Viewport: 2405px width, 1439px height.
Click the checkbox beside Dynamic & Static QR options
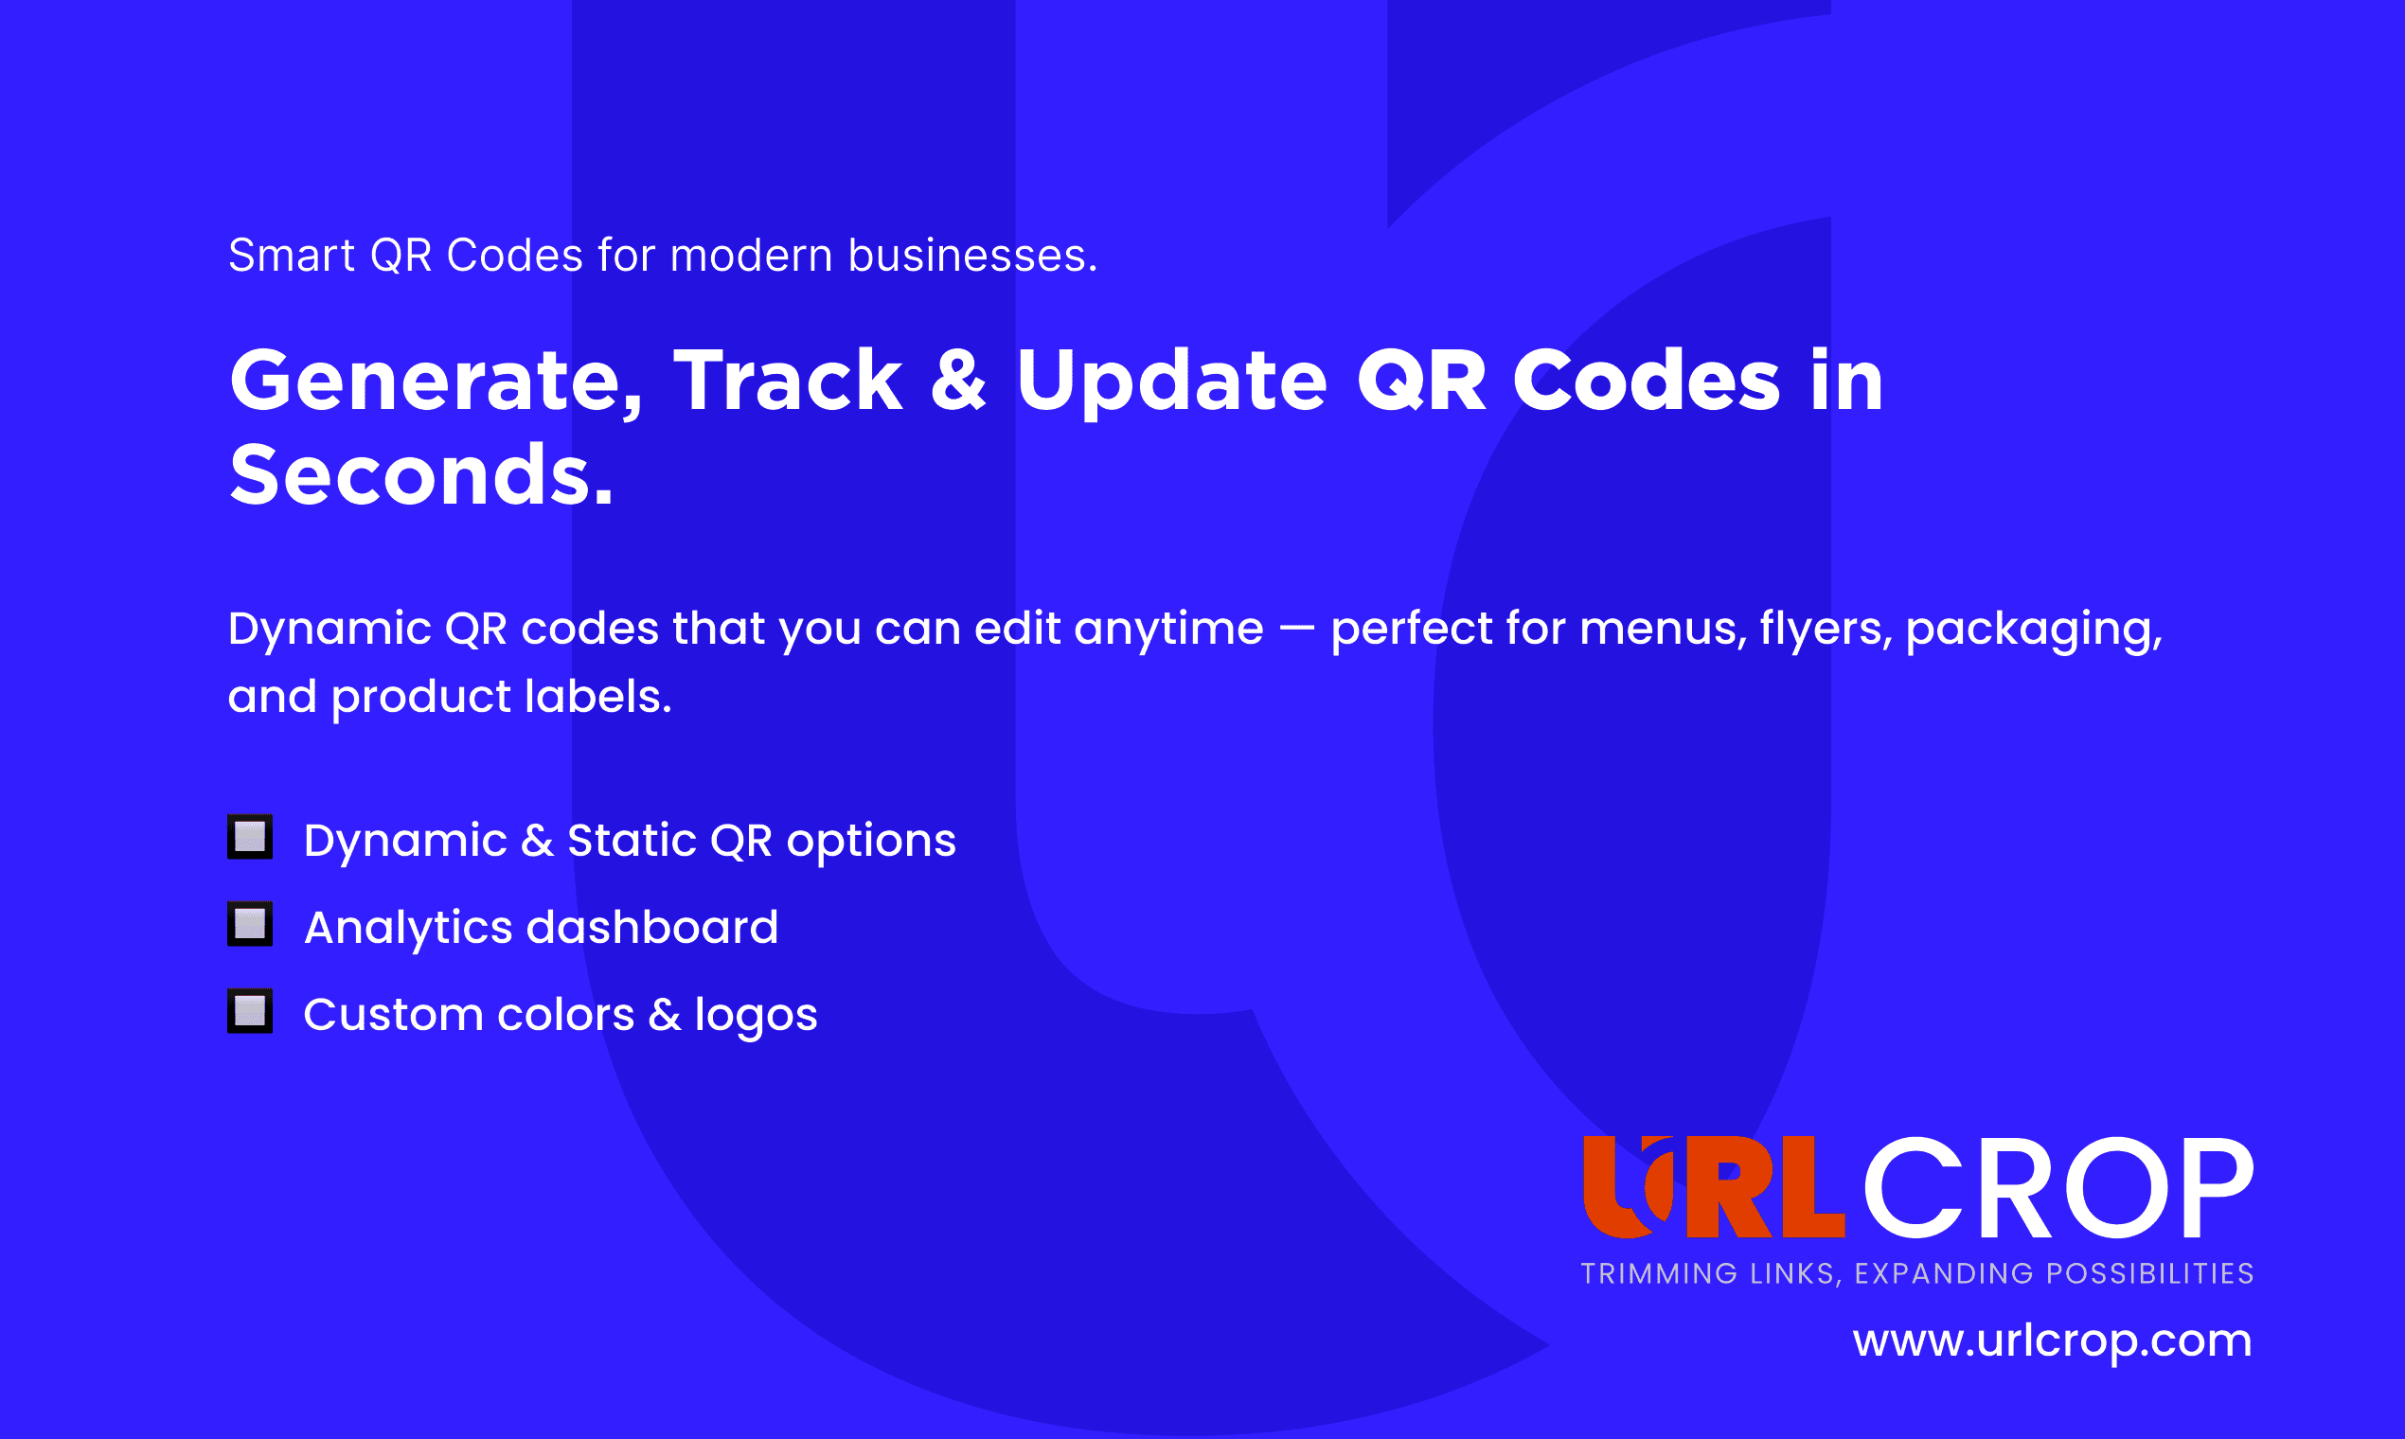(250, 837)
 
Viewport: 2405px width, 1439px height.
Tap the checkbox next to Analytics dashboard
(250, 924)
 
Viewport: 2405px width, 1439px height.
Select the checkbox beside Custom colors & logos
(250, 1011)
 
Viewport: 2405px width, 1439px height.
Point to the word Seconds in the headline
(422, 475)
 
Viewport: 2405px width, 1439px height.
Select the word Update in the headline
(1171, 382)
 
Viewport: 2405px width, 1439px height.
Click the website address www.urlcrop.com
(2052, 1342)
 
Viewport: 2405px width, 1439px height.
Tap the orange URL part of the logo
(1714, 1187)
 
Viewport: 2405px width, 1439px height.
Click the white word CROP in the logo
(2058, 1188)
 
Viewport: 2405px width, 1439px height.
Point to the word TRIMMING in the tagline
(1659, 1273)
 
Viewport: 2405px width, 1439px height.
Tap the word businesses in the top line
(972, 256)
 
